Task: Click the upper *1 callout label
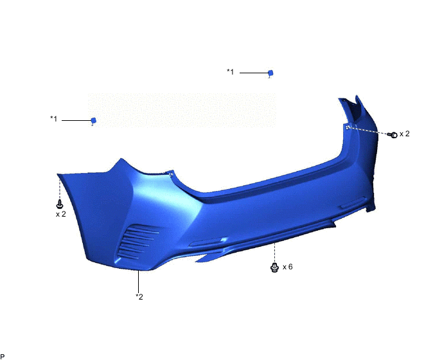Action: (x=231, y=72)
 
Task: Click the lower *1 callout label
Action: (x=54, y=119)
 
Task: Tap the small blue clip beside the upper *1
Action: (x=270, y=73)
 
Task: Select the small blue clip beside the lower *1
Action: (x=93, y=120)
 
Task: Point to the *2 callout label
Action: (x=139, y=296)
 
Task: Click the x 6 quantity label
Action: (x=287, y=266)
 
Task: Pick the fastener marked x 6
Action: (x=274, y=267)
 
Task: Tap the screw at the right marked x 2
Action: (x=394, y=134)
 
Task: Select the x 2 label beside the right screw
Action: (x=405, y=134)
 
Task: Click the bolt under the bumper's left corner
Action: (x=60, y=204)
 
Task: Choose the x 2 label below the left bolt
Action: (x=61, y=214)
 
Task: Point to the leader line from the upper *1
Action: (x=253, y=73)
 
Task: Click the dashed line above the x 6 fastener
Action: (x=274, y=252)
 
